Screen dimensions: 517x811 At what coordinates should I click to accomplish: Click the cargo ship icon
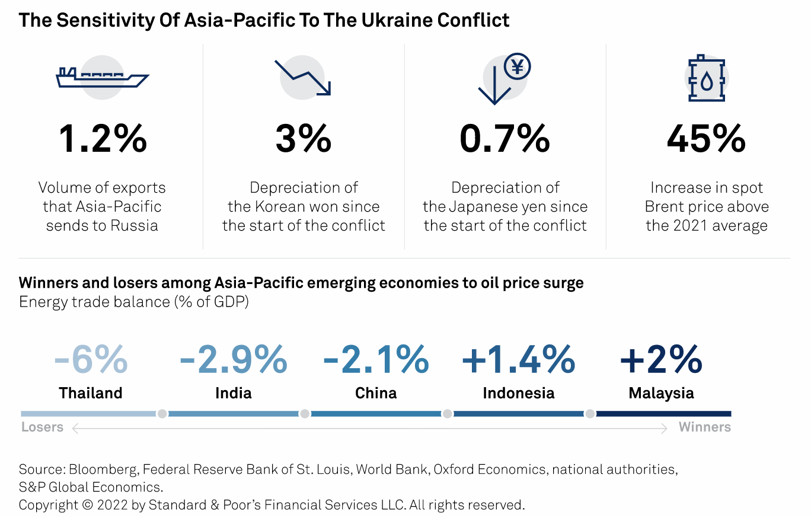tap(102, 78)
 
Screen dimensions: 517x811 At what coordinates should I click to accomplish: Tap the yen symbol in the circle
tap(517, 67)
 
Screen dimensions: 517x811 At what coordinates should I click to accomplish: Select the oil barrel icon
tap(707, 79)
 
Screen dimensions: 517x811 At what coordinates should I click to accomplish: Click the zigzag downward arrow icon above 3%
tap(303, 77)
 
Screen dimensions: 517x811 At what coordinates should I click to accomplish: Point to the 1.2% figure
tap(102, 139)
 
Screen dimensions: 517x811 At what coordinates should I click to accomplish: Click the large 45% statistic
tap(706, 139)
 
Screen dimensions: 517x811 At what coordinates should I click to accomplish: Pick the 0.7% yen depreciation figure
tap(505, 139)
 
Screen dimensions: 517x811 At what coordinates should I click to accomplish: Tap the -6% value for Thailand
tap(91, 359)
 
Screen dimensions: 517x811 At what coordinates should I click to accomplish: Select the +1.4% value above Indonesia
tap(518, 359)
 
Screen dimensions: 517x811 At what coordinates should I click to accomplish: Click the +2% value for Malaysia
tap(661, 359)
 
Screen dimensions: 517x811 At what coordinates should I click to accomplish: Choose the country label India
tap(234, 393)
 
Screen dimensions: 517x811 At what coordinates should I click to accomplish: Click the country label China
tap(376, 393)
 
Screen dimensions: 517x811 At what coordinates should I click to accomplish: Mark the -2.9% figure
tap(233, 359)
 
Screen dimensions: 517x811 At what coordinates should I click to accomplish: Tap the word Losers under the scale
tap(42, 427)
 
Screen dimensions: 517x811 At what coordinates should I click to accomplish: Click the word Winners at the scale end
tap(704, 427)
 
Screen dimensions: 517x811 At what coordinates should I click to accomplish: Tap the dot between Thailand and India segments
tap(162, 414)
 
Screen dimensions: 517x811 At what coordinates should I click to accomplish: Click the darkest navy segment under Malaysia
tap(663, 414)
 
